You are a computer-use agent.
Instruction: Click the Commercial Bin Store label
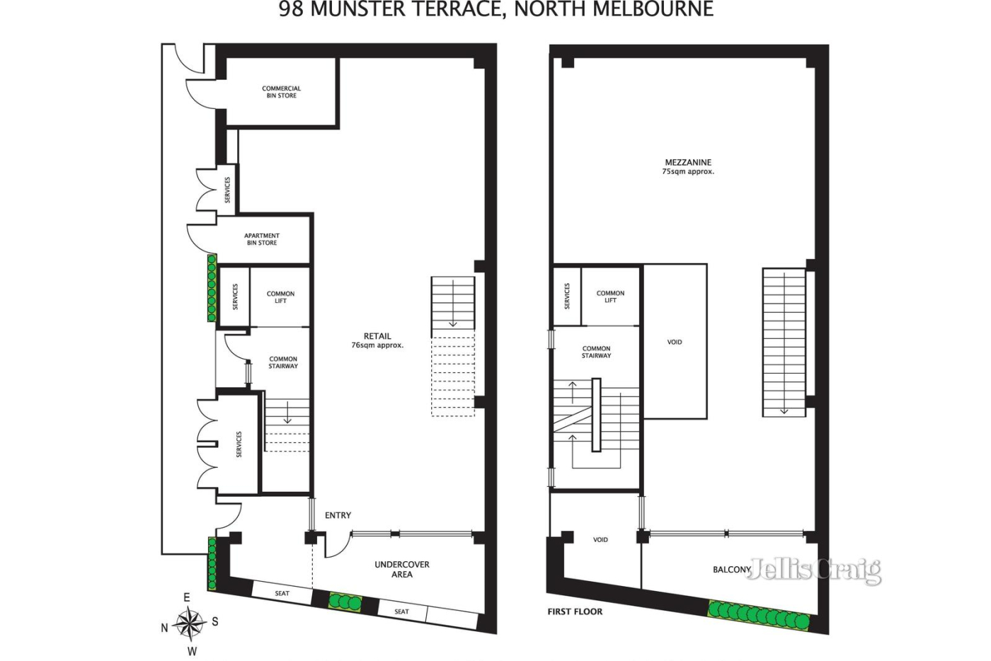pyautogui.click(x=282, y=92)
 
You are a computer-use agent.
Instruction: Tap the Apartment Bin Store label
pyautogui.click(x=262, y=239)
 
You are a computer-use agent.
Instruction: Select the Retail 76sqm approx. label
pyautogui.click(x=377, y=340)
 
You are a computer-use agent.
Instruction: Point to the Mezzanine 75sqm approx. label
pyautogui.click(x=688, y=166)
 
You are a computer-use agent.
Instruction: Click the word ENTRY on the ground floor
pyautogui.click(x=338, y=515)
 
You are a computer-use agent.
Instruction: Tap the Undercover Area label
pyautogui.click(x=402, y=570)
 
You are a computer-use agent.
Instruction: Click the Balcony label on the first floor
pyautogui.click(x=732, y=570)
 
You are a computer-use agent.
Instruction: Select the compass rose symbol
pyautogui.click(x=190, y=623)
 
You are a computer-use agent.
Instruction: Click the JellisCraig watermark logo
pyautogui.click(x=814, y=570)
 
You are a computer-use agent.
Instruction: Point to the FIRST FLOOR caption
pyautogui.click(x=575, y=612)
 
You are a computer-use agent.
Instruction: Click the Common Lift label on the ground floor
pyautogui.click(x=280, y=297)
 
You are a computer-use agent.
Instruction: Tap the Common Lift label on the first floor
pyautogui.click(x=610, y=297)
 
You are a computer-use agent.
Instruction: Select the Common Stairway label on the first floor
pyautogui.click(x=596, y=352)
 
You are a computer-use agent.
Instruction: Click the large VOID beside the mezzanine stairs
pyautogui.click(x=675, y=342)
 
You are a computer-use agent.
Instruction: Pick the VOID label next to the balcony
pyautogui.click(x=600, y=540)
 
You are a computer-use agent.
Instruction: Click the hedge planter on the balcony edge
pyautogui.click(x=759, y=616)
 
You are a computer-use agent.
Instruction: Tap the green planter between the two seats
pyautogui.click(x=345, y=602)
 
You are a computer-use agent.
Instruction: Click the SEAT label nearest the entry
pyautogui.click(x=282, y=593)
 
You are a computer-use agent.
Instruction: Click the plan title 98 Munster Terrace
pyautogui.click(x=496, y=9)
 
